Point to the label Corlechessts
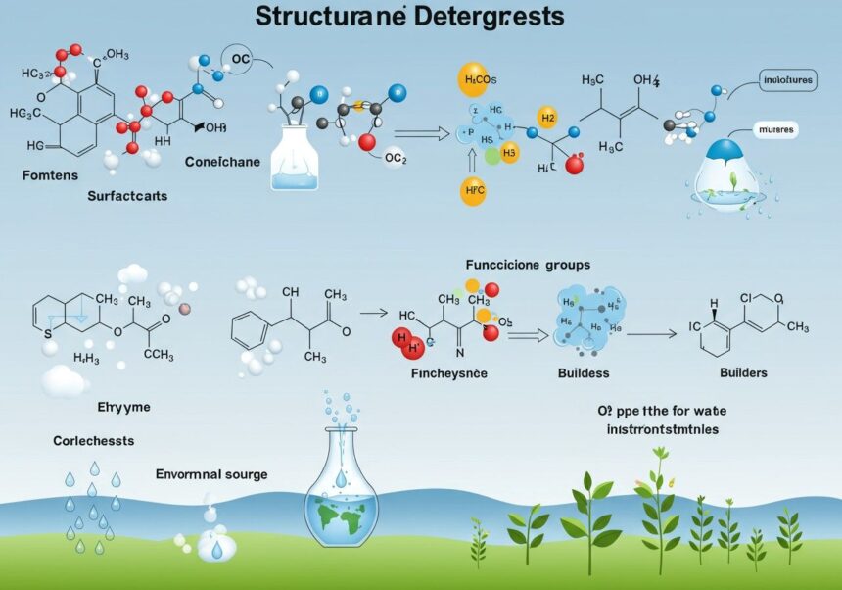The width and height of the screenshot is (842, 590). click(x=94, y=441)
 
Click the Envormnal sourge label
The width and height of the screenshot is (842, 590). click(x=210, y=474)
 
